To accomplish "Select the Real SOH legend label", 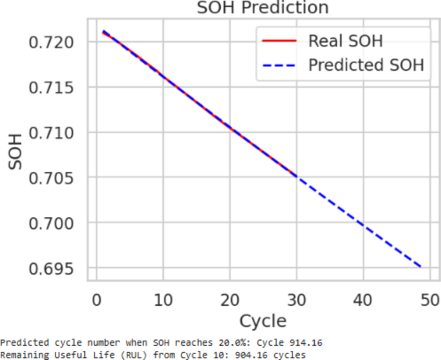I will coord(345,41).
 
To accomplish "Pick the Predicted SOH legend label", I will coord(366,66).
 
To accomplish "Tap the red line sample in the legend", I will coord(279,41).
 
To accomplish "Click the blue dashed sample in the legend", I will coord(279,66).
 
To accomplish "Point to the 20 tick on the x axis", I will coord(230,299).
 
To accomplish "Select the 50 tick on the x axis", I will coord(430,299).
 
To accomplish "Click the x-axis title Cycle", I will coord(263,321).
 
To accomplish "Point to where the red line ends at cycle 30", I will coord(296,176).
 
